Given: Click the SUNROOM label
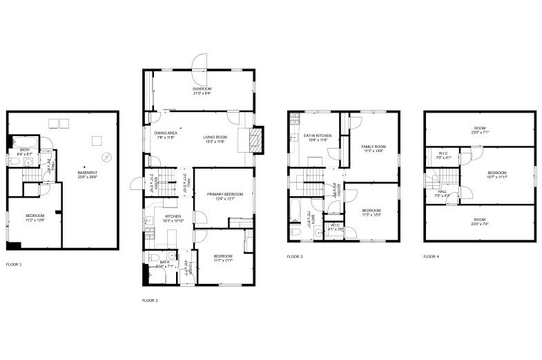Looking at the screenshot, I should point(202,89).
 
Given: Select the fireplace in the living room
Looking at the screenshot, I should point(255,140).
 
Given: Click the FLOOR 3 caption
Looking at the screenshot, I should point(295,256).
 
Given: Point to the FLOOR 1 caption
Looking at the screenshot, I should point(14,265).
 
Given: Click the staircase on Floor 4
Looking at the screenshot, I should point(432,181).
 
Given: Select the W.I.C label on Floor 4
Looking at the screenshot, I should point(443,154).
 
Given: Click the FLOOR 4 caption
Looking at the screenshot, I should point(432,256).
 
